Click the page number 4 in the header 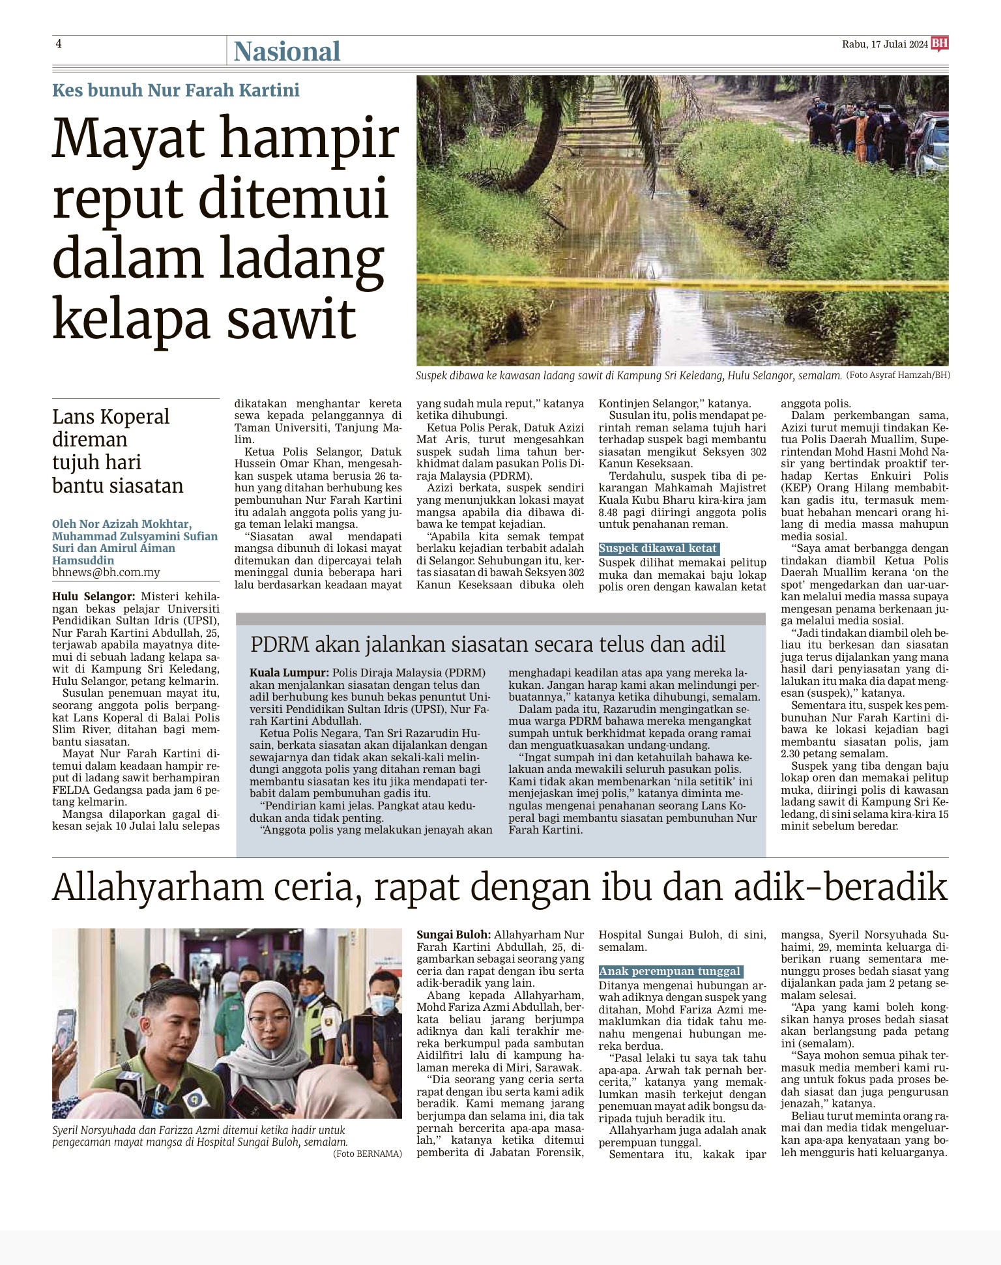tap(59, 44)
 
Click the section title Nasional tap(287, 51)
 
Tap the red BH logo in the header tap(940, 44)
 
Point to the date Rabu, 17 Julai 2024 tap(884, 44)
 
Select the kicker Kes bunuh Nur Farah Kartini tap(176, 90)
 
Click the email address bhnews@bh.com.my tap(106, 572)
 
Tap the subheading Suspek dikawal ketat tap(658, 549)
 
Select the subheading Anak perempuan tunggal tap(670, 971)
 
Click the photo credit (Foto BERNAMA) tap(367, 1154)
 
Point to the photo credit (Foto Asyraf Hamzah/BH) tap(898, 375)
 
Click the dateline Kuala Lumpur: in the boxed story tap(289, 673)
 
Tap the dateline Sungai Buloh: tap(454, 935)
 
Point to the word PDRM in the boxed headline tap(280, 645)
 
